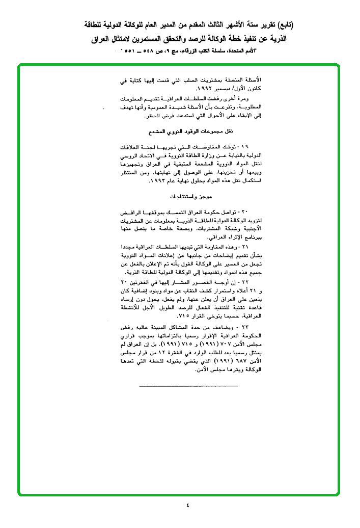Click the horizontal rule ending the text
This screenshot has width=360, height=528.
tap(188, 386)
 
